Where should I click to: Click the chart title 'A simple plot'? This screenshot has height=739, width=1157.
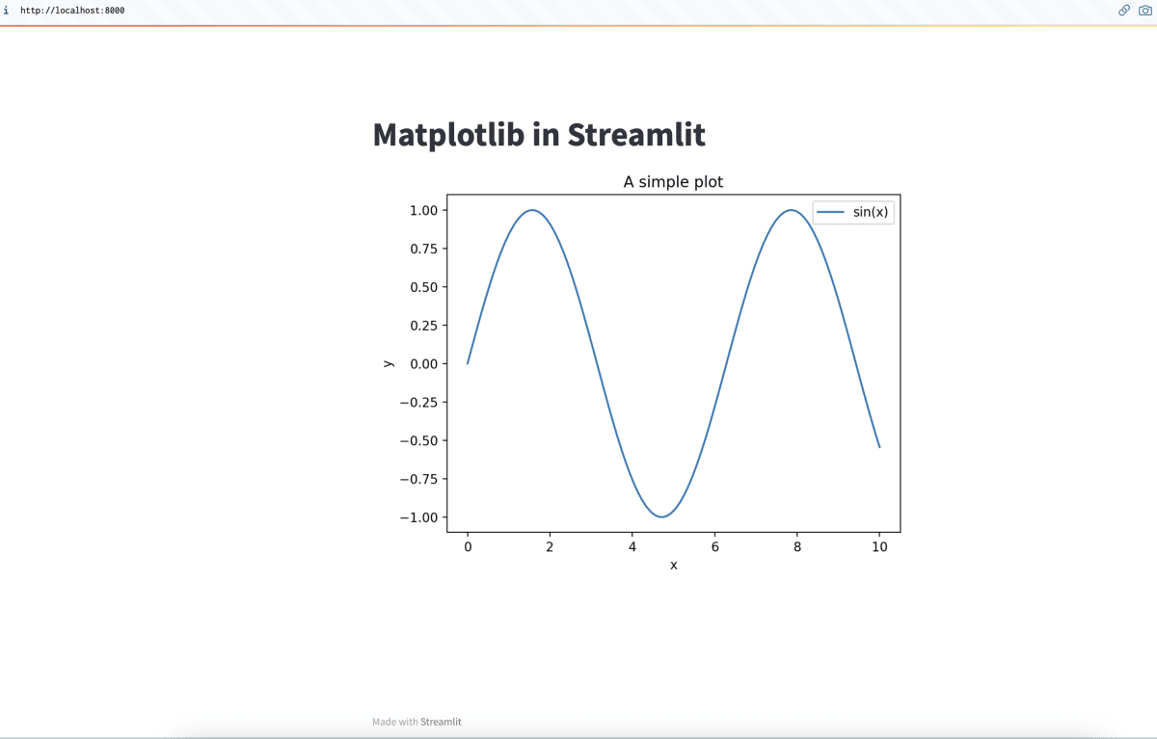click(673, 182)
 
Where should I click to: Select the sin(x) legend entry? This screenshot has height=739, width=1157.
click(852, 212)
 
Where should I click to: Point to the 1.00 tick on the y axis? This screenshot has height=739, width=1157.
click(423, 210)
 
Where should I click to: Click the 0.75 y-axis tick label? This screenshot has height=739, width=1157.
click(423, 249)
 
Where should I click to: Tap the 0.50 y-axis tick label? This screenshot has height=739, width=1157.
click(423, 287)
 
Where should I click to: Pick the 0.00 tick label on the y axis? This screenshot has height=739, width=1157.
click(423, 364)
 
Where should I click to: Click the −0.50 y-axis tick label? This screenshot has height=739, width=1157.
click(418, 440)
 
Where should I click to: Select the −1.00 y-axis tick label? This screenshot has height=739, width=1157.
click(418, 517)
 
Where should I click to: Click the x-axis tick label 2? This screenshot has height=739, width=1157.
click(550, 547)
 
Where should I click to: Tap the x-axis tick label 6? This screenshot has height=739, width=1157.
click(714, 547)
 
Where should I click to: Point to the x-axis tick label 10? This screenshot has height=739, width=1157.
click(879, 547)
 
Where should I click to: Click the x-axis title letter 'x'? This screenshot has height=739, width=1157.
click(674, 566)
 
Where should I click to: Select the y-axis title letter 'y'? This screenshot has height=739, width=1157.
click(389, 364)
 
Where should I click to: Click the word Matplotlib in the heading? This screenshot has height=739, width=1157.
click(448, 135)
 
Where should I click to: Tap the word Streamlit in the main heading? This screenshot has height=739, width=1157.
click(636, 135)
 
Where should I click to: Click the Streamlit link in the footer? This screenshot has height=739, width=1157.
click(441, 722)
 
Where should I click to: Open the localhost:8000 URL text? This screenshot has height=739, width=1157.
click(72, 11)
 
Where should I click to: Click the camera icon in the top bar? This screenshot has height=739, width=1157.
click(1144, 11)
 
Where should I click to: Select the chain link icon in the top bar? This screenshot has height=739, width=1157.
click(1124, 11)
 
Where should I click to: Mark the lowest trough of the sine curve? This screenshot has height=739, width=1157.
click(661, 516)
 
